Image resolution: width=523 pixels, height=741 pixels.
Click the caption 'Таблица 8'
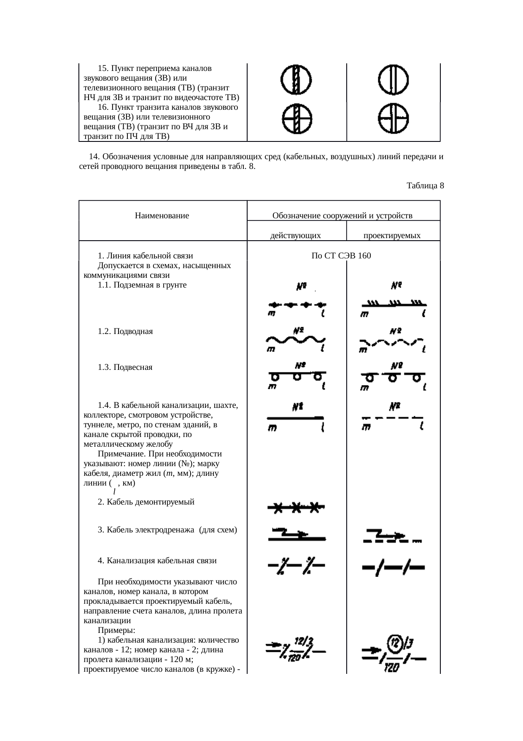click(425, 186)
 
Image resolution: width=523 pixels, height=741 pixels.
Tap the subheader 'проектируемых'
click(392, 236)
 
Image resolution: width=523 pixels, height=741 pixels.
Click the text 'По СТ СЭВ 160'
click(341, 256)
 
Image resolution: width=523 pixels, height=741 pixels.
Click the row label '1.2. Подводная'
click(125, 331)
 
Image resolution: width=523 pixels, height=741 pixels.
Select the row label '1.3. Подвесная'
click(125, 367)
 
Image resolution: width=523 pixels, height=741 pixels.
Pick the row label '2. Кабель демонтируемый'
click(146, 502)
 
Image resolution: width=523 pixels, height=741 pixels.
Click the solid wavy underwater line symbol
click(296, 340)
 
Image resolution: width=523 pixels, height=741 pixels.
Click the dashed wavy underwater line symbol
click(392, 342)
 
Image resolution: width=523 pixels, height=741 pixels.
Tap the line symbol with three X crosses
click(296, 508)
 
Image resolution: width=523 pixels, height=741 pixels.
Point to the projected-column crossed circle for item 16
click(393, 119)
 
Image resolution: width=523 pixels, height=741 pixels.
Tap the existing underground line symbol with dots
click(297, 304)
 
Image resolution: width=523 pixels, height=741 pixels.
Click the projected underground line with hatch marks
click(393, 304)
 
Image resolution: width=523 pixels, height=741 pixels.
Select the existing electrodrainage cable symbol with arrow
click(297, 535)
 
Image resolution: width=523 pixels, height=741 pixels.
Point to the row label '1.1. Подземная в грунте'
click(142, 285)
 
